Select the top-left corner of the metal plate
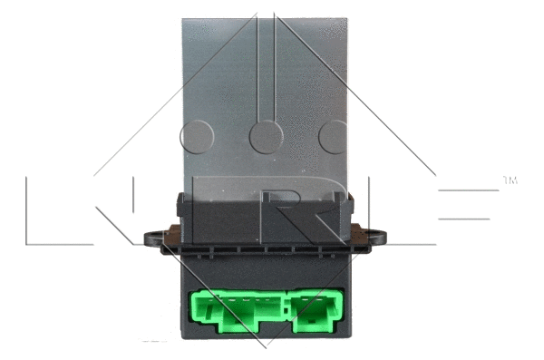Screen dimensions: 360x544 coord(184,20)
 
